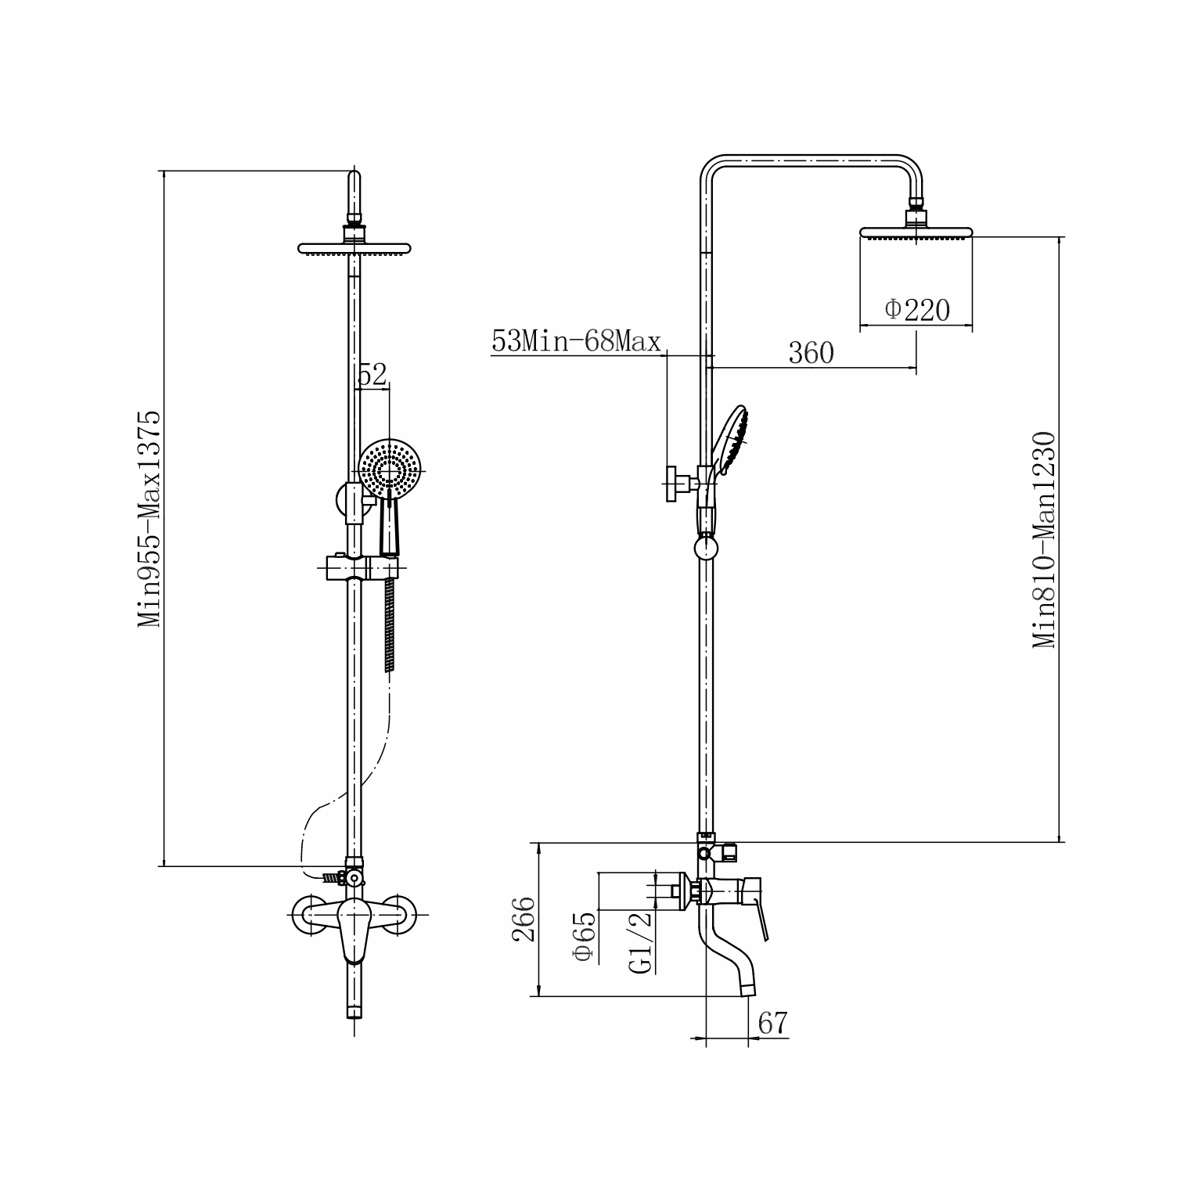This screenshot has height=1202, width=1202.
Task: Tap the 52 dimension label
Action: point(372,375)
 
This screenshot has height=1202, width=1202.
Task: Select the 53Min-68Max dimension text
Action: point(576,342)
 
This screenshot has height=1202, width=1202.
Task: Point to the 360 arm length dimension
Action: point(811,353)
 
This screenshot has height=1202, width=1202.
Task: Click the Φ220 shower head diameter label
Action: point(917,310)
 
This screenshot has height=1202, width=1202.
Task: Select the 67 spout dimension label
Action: point(772,1023)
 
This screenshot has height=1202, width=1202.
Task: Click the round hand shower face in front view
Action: point(390,469)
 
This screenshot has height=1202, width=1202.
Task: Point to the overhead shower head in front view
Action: point(354,248)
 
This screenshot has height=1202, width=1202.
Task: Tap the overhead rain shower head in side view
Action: point(916,232)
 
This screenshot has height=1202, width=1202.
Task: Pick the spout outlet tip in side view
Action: point(747,990)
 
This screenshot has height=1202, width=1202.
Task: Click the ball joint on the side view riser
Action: point(707,545)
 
